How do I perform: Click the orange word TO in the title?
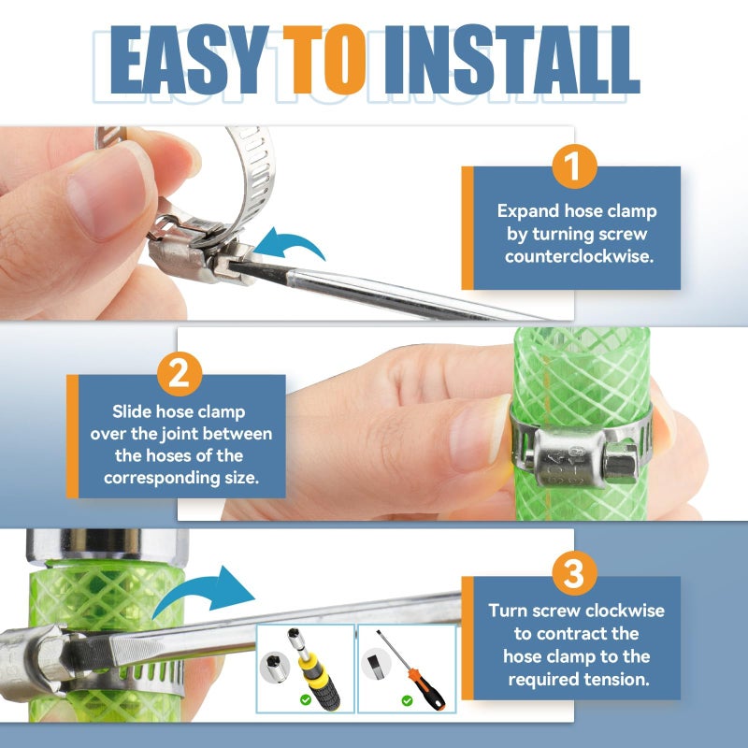tap(324, 59)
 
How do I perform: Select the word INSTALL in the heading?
tap(511, 59)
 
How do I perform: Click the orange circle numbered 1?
tap(574, 166)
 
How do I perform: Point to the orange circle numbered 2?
tap(180, 374)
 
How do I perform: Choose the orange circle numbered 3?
tap(574, 573)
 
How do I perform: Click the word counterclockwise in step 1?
tap(579, 256)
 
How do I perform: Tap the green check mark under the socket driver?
tap(306, 699)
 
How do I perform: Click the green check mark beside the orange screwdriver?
tap(407, 700)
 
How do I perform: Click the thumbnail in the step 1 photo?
tap(106, 194)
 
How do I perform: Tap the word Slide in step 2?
tap(132, 411)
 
